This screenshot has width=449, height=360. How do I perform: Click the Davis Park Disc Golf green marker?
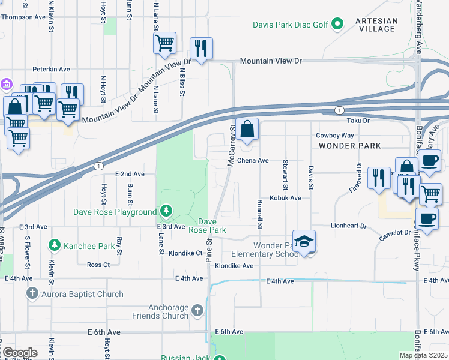pyautogui.click(x=337, y=24)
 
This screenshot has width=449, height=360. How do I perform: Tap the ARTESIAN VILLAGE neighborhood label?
pyautogui.click(x=376, y=25)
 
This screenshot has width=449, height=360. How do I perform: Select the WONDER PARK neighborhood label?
pyautogui.click(x=349, y=146)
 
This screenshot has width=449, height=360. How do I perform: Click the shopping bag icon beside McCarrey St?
pyautogui.click(x=247, y=129)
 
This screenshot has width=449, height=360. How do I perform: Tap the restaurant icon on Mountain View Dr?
pyautogui.click(x=200, y=48)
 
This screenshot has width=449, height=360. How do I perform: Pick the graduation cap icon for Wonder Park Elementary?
pyautogui.click(x=304, y=241)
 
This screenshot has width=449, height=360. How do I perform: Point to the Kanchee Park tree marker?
pyautogui.click(x=55, y=245)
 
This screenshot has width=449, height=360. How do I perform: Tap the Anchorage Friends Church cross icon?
pyautogui.click(x=198, y=310)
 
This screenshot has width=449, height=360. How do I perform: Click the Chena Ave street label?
pyautogui.click(x=253, y=161)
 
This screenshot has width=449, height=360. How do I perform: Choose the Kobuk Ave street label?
pyautogui.click(x=285, y=197)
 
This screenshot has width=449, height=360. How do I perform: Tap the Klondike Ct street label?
pyautogui.click(x=185, y=253)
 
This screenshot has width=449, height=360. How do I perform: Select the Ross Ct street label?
pyautogui.click(x=98, y=265)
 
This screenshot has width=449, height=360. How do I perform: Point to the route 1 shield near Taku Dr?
pyautogui.click(x=340, y=110)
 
